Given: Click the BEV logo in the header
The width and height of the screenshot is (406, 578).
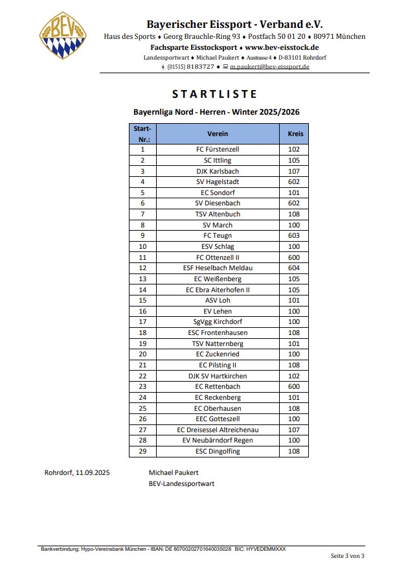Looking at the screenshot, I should (x=63, y=36).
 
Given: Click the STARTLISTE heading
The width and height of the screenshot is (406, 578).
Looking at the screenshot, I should (x=216, y=94).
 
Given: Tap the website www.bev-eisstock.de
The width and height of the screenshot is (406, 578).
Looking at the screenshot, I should (x=282, y=47).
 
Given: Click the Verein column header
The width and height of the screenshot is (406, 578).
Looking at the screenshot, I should (x=217, y=133).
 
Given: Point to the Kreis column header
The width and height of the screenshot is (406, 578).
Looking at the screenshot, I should (x=295, y=133).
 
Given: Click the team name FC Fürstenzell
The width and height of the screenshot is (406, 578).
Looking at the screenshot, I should (x=217, y=149).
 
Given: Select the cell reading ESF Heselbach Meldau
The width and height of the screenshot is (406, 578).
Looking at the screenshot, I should (x=217, y=268).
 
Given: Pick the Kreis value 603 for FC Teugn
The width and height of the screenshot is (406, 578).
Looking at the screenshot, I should (x=295, y=235).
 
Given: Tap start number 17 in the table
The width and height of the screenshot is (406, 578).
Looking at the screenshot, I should (x=142, y=321).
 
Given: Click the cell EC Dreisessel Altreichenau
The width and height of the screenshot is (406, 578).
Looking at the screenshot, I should (x=217, y=430).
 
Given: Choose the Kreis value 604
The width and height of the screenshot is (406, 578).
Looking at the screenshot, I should (x=295, y=268).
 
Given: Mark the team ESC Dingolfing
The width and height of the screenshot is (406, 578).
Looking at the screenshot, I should (x=217, y=451).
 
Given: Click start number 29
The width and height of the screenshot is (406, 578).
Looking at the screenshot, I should (x=142, y=451).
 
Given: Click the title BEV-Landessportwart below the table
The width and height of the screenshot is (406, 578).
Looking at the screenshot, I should (x=181, y=483).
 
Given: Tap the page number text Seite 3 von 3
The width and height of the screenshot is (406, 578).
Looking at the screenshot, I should (x=348, y=556).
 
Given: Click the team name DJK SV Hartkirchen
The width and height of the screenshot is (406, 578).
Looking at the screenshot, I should (x=217, y=376).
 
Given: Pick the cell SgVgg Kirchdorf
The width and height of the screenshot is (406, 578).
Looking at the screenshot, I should (x=217, y=321).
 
